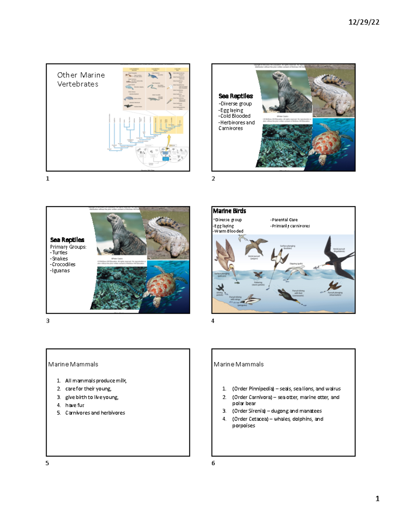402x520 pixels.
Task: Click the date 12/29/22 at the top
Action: click(363, 22)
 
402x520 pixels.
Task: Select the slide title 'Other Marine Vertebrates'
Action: click(81, 79)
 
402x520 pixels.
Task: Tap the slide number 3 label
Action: click(48, 321)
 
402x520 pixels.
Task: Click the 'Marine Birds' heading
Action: click(229, 211)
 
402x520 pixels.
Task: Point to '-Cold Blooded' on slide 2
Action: click(234, 116)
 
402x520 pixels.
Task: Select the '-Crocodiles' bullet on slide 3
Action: click(63, 265)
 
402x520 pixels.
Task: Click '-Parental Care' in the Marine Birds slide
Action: click(284, 220)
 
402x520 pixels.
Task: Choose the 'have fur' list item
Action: click(75, 405)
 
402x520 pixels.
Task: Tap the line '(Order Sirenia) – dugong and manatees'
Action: click(277, 411)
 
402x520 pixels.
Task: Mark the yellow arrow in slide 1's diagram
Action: click(169, 139)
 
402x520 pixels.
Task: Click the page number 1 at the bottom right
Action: click(377, 499)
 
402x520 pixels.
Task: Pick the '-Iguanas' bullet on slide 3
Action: click(60, 271)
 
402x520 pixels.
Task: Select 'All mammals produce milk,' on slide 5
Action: click(96, 381)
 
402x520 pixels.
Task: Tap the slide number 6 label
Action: click(213, 463)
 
